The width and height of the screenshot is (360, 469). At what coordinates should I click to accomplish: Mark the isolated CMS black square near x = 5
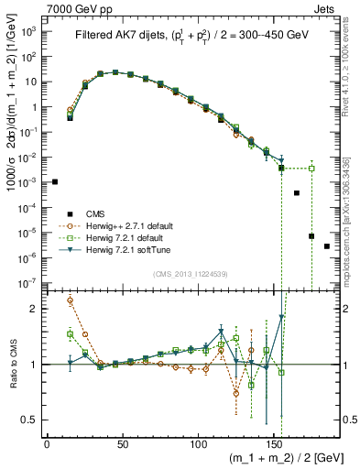(55, 182)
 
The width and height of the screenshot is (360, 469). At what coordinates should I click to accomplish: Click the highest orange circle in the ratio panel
(71, 300)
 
